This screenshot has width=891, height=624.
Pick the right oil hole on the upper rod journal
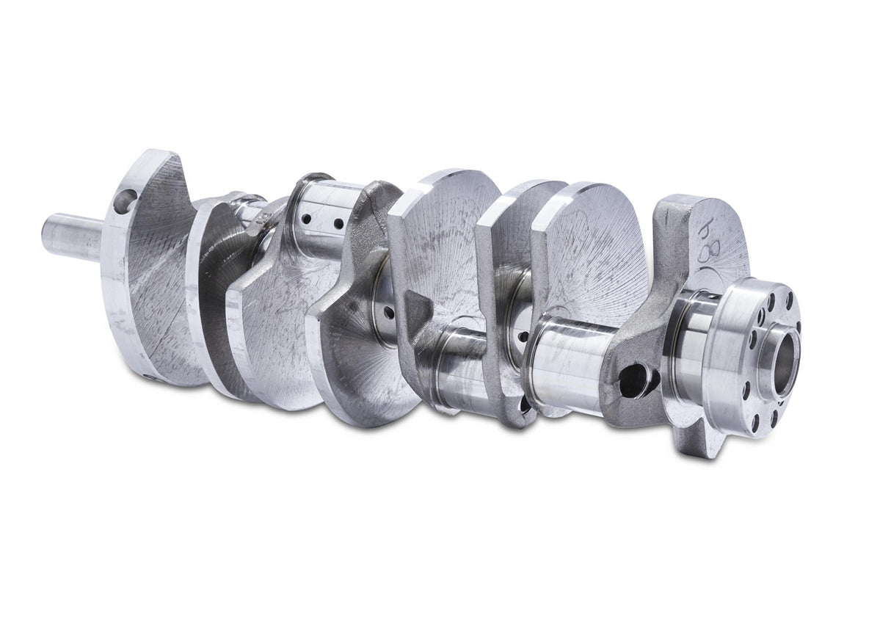338,223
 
